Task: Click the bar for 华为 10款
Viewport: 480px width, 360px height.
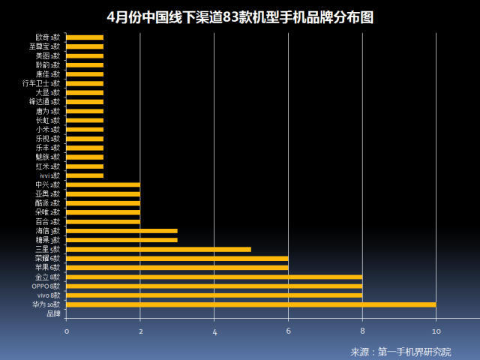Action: (x=250, y=304)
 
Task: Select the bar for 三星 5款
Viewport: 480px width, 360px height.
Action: (x=158, y=249)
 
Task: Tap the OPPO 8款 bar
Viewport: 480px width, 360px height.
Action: (x=214, y=286)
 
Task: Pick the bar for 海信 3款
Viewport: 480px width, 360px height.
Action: (x=121, y=231)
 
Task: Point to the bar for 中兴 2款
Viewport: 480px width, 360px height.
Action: (x=103, y=184)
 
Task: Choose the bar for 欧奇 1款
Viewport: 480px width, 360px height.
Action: (x=85, y=37)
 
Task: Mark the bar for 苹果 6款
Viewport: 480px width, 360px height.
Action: (x=177, y=268)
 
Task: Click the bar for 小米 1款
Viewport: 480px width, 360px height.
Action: (x=85, y=129)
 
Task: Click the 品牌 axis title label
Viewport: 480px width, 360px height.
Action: (x=53, y=313)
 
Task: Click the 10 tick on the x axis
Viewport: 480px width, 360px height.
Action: (x=436, y=331)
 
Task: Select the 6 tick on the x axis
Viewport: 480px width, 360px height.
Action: (x=288, y=331)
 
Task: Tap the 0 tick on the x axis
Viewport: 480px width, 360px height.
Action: (x=66, y=331)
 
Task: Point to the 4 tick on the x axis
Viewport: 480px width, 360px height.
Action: (x=214, y=331)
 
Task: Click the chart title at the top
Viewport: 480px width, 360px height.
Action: (x=240, y=17)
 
